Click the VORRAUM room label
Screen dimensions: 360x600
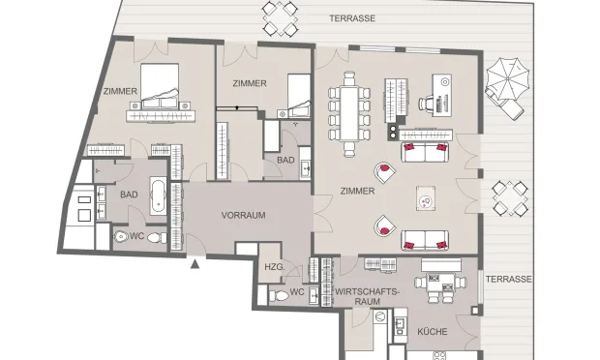[243, 215]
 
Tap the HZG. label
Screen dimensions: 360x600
[273, 267]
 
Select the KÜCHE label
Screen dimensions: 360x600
[431, 331]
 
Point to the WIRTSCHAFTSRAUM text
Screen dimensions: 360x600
[366, 295]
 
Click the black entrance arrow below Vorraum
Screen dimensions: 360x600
[195, 262]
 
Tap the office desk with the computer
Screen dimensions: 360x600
[441, 93]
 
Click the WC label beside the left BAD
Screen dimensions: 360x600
[138, 237]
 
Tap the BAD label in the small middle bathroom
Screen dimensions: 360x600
[285, 160]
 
